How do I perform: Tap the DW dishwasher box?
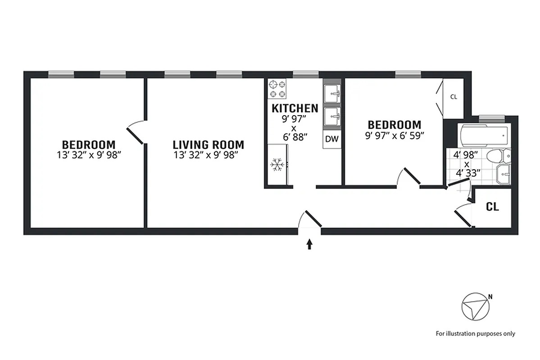click(x=331, y=139)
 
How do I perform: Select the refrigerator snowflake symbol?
click(x=277, y=165)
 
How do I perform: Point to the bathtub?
click(x=484, y=134)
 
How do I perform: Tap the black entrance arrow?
click(x=309, y=244)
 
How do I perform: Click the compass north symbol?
click(x=475, y=307)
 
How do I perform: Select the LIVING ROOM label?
click(x=209, y=145)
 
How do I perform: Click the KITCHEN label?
click(x=295, y=108)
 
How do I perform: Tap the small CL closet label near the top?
click(x=454, y=97)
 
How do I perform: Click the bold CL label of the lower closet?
click(x=493, y=207)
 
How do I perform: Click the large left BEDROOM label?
click(x=89, y=145)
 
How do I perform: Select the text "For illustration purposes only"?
click(x=475, y=333)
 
